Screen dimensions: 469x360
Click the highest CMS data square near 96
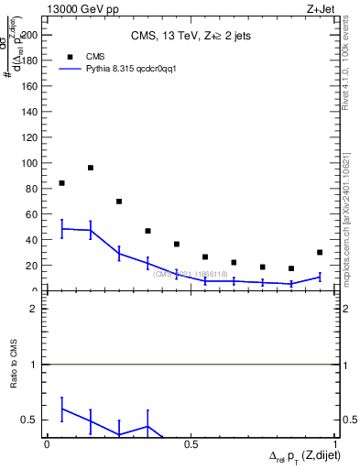(x=91, y=168)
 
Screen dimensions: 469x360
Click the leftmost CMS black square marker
(x=61, y=183)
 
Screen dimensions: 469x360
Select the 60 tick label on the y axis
(x=32, y=214)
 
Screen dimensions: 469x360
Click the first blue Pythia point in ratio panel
(x=61, y=409)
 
